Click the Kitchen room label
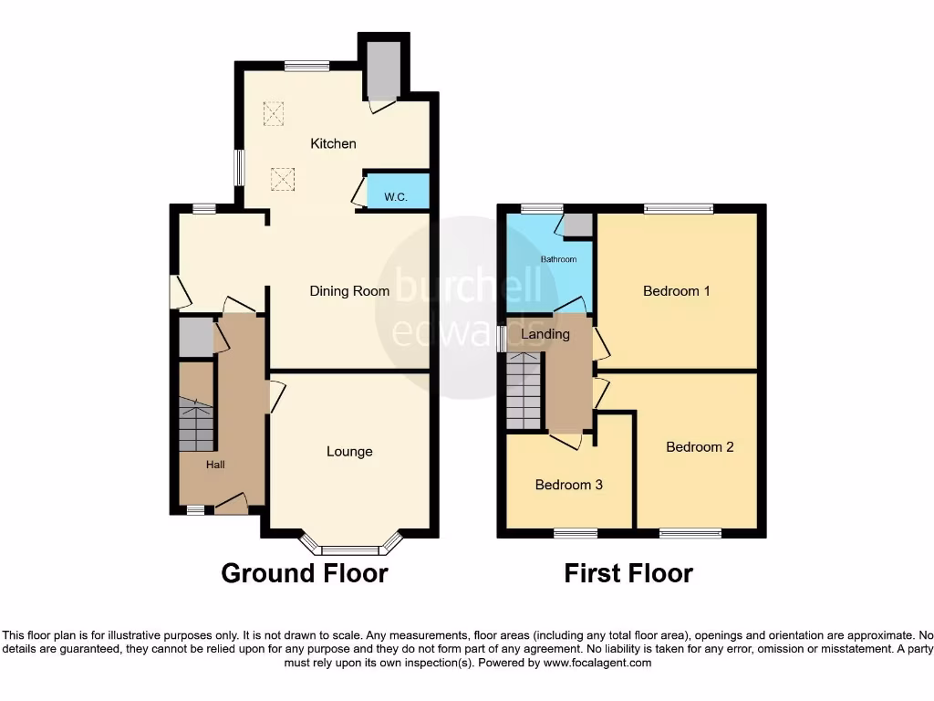(x=333, y=143)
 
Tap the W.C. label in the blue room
(x=395, y=196)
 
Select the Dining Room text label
(x=349, y=291)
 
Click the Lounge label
(x=349, y=451)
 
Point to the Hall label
(x=215, y=465)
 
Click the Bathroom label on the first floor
(x=558, y=259)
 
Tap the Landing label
(x=545, y=334)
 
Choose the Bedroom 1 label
(x=677, y=291)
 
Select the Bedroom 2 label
(x=700, y=446)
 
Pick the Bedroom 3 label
(x=568, y=485)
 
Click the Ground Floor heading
(x=305, y=573)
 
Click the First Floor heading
(x=628, y=573)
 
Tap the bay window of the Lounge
(x=351, y=549)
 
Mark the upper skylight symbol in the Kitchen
(x=274, y=113)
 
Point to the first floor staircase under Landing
(x=524, y=391)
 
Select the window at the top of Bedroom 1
(x=679, y=208)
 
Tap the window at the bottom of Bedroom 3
(x=576, y=532)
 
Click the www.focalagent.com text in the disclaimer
(x=597, y=663)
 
